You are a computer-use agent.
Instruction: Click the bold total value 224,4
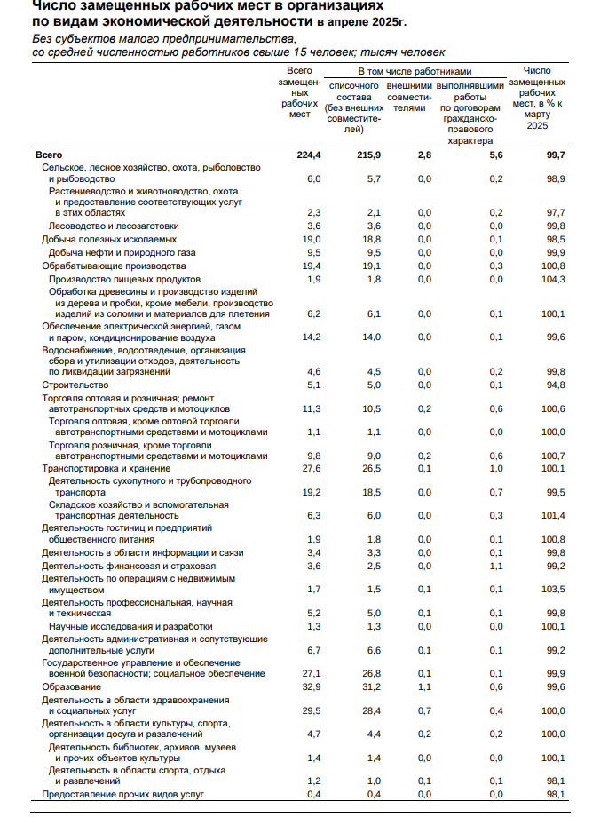(306, 155)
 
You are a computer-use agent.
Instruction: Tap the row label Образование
(72, 686)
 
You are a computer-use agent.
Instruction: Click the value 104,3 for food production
(553, 279)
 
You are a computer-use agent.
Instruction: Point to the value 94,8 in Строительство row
(556, 385)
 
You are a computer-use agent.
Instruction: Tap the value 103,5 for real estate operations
(553, 589)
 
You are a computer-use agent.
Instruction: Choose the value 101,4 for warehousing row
(553, 514)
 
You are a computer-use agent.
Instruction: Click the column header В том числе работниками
(414, 70)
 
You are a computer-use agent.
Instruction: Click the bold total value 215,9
(367, 155)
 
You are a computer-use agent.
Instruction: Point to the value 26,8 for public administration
(370, 673)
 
